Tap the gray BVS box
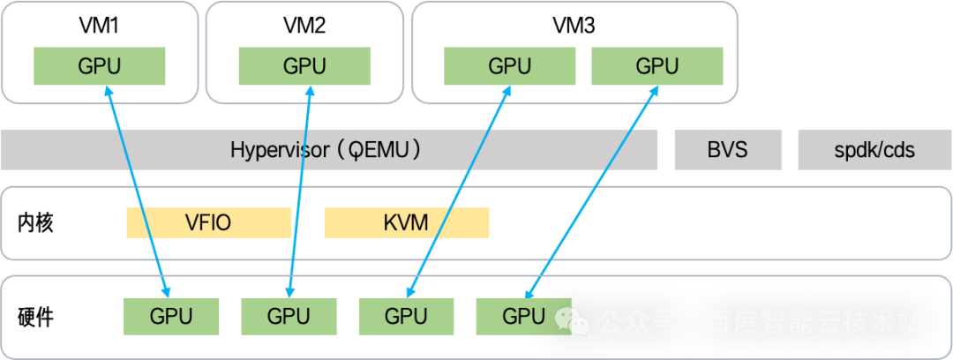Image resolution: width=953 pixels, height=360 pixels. [728, 150]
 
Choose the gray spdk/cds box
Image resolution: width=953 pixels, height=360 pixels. [874, 150]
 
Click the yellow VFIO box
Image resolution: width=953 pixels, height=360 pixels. [208, 222]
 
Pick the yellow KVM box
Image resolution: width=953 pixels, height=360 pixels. [406, 222]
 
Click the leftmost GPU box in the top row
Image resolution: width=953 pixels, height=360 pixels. [100, 66]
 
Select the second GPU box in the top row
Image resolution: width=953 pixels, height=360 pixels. [304, 66]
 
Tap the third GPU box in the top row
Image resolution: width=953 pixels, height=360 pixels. [510, 66]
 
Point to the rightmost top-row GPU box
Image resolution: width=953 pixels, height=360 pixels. [657, 66]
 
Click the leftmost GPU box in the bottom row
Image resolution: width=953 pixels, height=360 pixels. [170, 316]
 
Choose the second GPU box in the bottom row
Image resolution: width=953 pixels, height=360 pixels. [289, 316]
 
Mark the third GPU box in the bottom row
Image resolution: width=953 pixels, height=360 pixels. [406, 316]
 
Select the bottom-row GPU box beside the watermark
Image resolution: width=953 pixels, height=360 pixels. [523, 316]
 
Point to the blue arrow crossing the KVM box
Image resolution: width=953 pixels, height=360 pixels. [443, 221]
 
